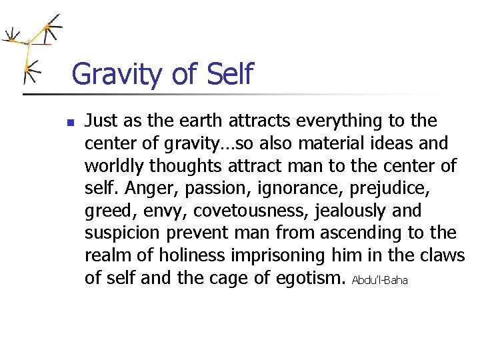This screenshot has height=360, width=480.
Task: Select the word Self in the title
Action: pyautogui.click(x=231, y=73)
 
